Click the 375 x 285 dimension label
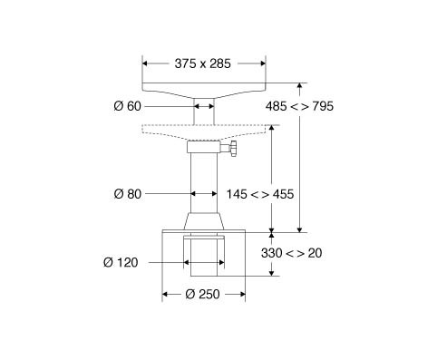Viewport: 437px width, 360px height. point(202,63)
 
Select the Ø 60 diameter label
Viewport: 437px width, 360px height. point(127,106)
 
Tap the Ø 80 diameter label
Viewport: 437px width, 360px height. point(128,194)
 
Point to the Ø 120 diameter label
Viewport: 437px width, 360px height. point(121,262)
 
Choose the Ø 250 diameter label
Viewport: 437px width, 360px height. point(202,294)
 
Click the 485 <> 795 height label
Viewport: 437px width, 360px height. point(299,106)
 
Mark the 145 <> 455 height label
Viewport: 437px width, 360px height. point(260,194)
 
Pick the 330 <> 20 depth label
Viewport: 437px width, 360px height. point(291,253)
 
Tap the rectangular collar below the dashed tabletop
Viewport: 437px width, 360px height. point(204,147)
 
